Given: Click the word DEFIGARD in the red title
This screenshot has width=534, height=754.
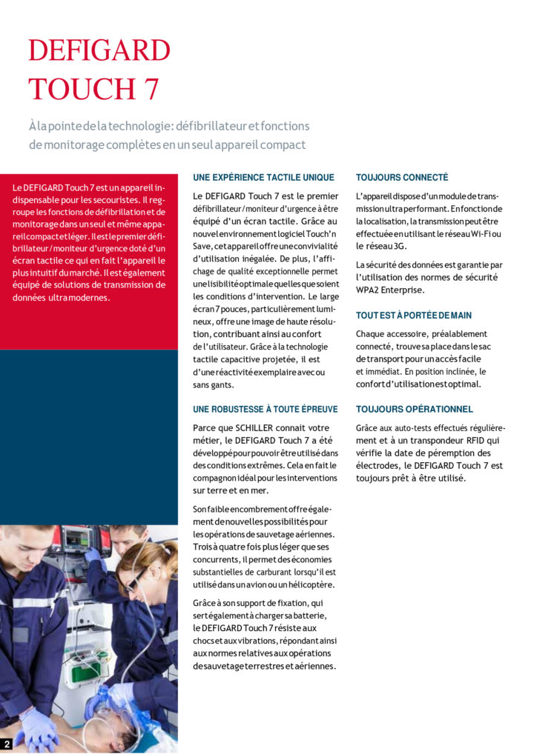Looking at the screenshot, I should click(x=99, y=50).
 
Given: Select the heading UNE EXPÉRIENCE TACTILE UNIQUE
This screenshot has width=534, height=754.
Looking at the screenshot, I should click(x=263, y=178).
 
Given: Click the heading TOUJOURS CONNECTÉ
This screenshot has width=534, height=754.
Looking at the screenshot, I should click(x=402, y=178).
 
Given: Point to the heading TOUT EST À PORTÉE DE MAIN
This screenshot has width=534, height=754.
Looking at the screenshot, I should click(x=413, y=316).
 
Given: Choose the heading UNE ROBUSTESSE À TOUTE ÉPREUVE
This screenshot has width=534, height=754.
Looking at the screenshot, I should click(x=265, y=410).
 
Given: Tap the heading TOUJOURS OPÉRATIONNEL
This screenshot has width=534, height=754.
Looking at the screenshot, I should click(x=414, y=410).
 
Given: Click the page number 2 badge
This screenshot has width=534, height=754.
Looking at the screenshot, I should click(x=7, y=744).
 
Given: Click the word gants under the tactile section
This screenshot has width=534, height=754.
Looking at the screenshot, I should click(x=221, y=385).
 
